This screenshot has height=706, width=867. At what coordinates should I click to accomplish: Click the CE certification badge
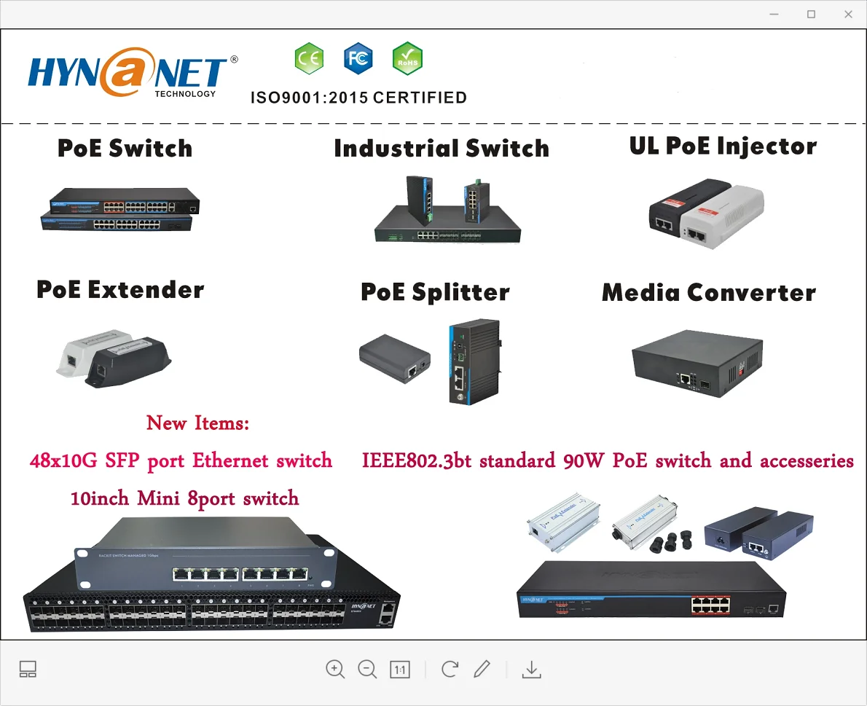(309, 59)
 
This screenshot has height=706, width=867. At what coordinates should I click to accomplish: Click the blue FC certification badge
(358, 59)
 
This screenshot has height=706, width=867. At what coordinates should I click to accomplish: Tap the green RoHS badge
(407, 59)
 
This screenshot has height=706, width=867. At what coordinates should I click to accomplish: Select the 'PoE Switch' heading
(125, 148)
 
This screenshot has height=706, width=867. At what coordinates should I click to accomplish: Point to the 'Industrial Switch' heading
(442, 148)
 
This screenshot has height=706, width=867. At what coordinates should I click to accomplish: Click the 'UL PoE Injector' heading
(723, 146)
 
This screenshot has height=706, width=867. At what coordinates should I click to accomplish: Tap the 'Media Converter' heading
(709, 292)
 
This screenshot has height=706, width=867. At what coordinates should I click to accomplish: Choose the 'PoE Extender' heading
(120, 289)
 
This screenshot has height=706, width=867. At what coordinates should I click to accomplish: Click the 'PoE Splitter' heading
(435, 292)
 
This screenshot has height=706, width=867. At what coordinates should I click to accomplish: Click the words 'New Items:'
(197, 423)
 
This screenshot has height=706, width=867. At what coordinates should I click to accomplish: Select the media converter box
(696, 362)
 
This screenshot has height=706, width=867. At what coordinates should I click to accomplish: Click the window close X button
(848, 14)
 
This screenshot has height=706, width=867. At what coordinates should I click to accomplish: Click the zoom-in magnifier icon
(335, 669)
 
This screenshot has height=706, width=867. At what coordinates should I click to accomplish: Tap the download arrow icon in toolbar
(532, 669)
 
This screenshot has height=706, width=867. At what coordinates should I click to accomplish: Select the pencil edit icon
(482, 669)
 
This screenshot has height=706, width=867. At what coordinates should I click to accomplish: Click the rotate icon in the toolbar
(450, 669)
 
